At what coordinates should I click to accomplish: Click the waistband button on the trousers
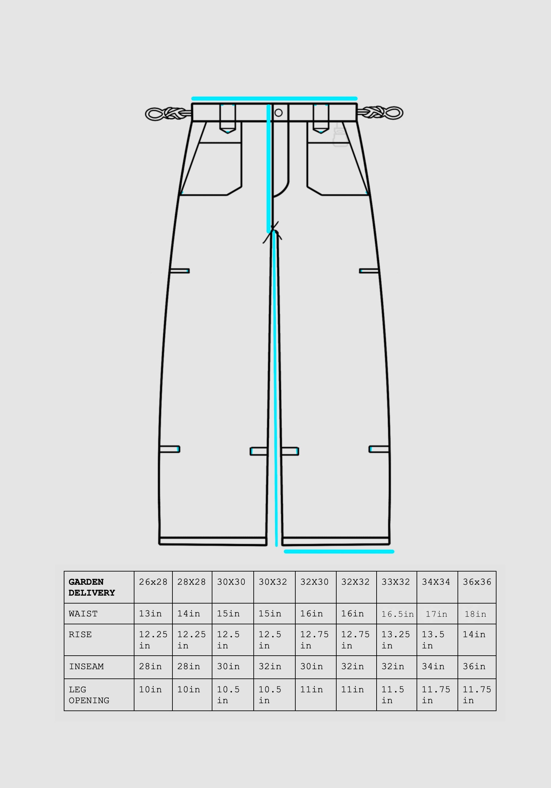[x=278, y=113]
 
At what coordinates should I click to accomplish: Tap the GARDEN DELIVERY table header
[x=92, y=587]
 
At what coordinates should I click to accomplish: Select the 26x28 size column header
[x=153, y=582]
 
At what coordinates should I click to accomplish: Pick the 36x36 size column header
[x=477, y=582]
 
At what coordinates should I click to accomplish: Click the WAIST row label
[x=83, y=614]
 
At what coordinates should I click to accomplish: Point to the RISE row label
[x=80, y=635]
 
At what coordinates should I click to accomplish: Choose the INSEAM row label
[x=86, y=667]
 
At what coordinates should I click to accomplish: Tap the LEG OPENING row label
[x=89, y=695]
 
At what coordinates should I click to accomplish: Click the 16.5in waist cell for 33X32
[x=397, y=614]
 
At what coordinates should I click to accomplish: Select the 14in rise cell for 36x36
[x=474, y=635]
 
